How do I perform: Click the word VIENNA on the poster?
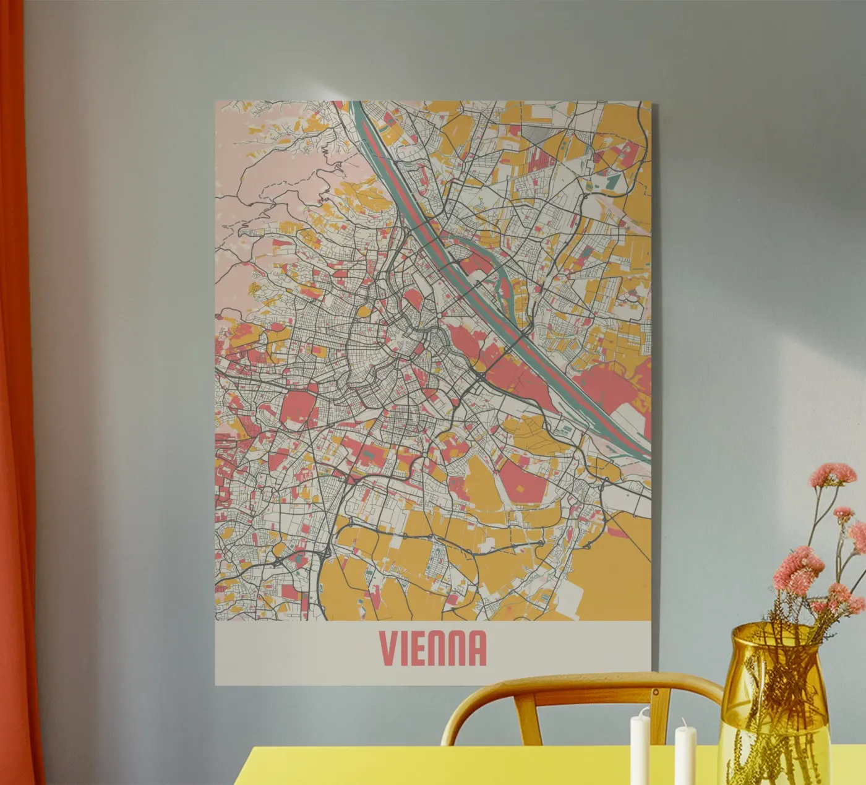click(x=433, y=648)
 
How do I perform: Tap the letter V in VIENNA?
click(x=388, y=648)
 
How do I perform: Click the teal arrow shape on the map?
click(x=612, y=180)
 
